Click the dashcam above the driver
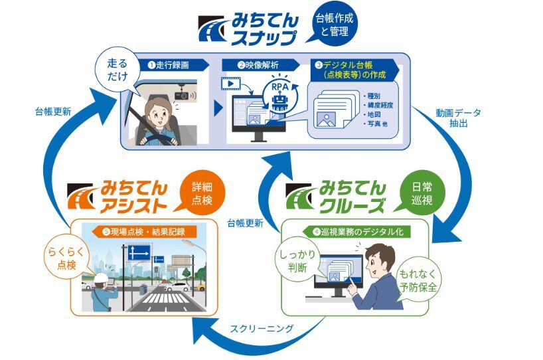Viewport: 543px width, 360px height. click(x=181, y=95)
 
